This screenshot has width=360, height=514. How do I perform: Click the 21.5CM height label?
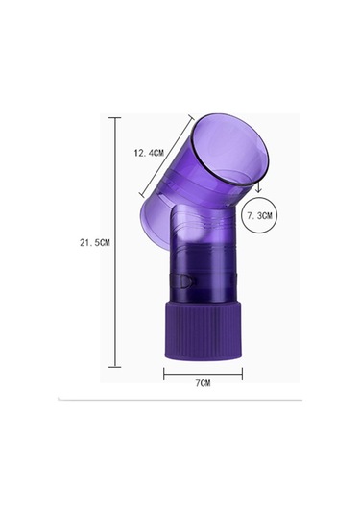point(95,243)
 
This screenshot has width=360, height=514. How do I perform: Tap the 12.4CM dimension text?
point(149,153)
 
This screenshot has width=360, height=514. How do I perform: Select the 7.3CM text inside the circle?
point(260,216)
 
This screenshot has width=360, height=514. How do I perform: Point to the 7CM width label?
point(204,383)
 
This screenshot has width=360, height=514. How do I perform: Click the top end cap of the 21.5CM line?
point(114,117)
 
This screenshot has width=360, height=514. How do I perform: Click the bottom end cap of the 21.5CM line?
point(114,367)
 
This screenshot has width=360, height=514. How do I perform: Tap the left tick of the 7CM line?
point(164,374)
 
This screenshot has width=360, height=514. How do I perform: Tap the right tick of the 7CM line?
point(242,374)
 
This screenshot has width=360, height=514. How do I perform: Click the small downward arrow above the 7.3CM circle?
point(258,187)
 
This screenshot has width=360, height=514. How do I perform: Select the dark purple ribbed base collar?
point(204,330)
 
